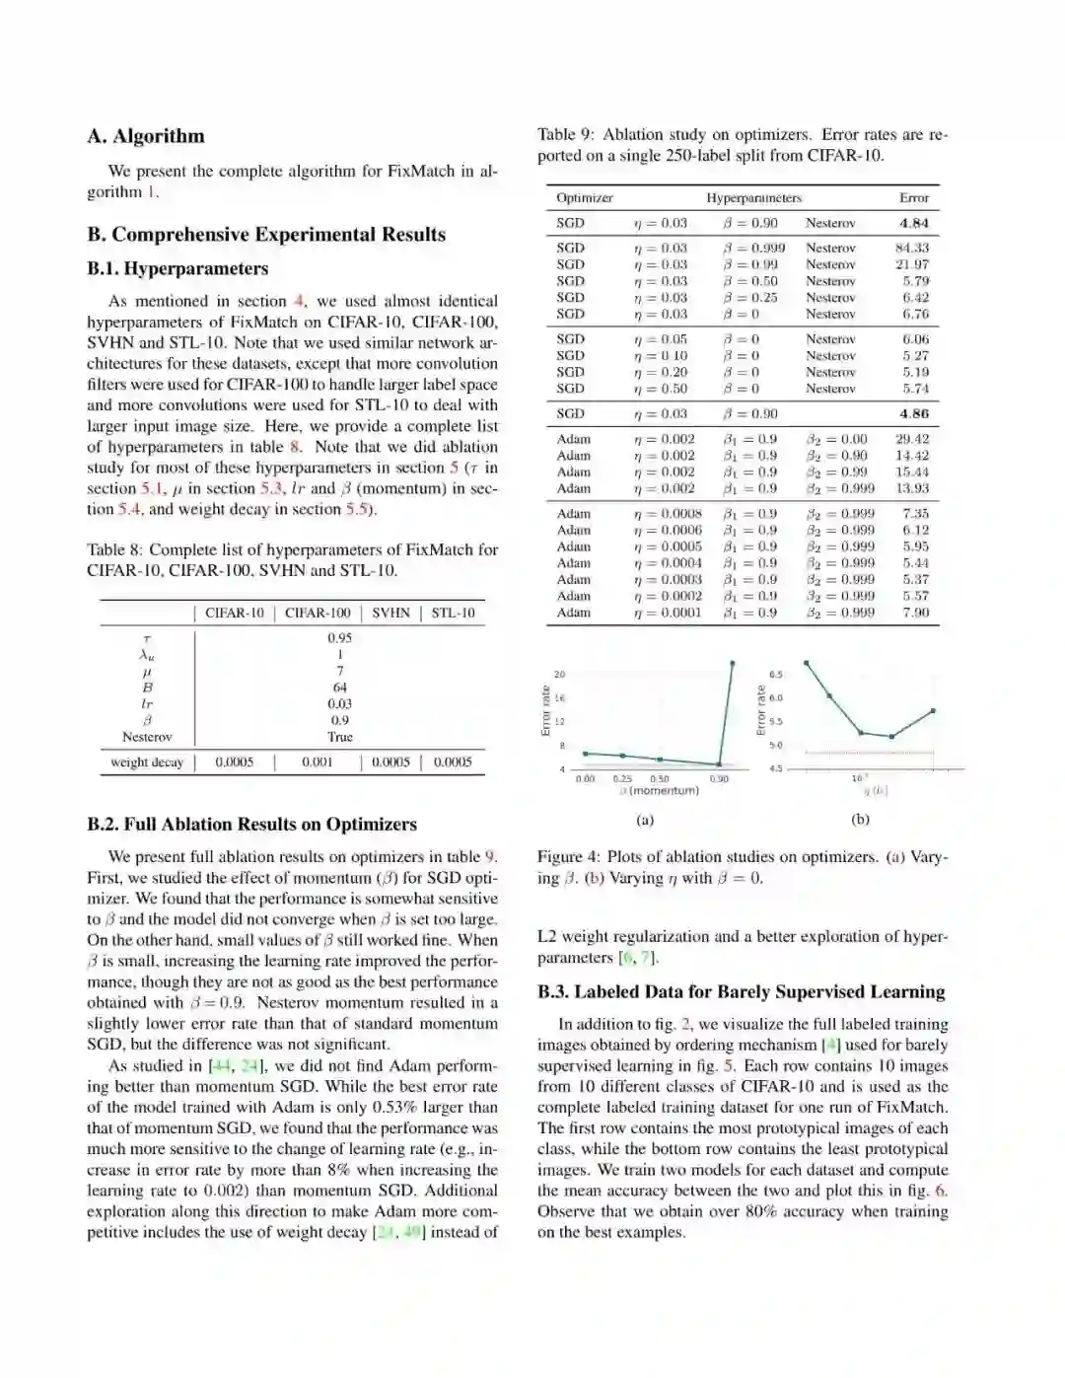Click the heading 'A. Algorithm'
tap(146, 136)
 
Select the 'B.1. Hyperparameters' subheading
tap(177, 268)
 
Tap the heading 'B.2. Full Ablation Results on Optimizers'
tap(251, 825)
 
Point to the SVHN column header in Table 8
tap(390, 613)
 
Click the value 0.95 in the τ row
tap(339, 638)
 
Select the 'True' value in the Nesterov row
tap(339, 737)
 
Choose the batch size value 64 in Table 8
tap(339, 688)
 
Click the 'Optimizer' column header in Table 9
tap(584, 198)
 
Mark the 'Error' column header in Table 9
tap(913, 198)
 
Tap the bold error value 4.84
tap(913, 224)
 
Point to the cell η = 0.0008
tap(668, 514)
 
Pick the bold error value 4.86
tap(913, 414)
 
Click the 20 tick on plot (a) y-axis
tap(559, 675)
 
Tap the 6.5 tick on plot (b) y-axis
tap(775, 675)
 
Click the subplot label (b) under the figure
tap(860, 820)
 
